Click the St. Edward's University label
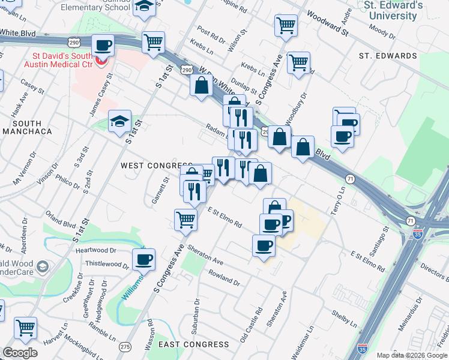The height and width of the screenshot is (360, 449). [x=393, y=10]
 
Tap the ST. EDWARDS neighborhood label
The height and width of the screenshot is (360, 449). [x=388, y=56]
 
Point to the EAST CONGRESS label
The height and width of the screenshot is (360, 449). [x=194, y=344]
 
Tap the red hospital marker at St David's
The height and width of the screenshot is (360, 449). [x=101, y=60]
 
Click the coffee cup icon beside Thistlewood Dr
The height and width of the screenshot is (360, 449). [x=143, y=260]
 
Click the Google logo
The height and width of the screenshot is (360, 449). [x=20, y=353]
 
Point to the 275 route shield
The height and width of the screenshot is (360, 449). [x=125, y=347]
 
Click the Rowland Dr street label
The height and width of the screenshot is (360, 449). [x=224, y=278]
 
